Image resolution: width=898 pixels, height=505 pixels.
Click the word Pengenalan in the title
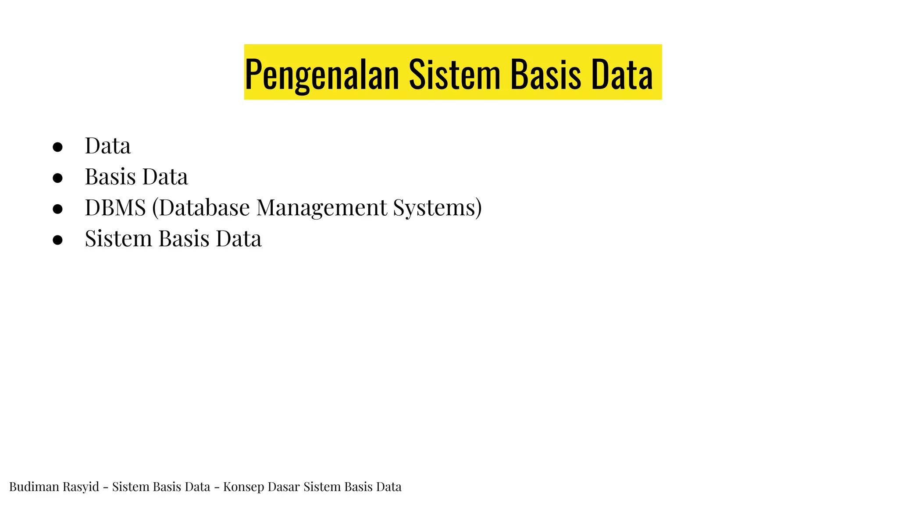321,74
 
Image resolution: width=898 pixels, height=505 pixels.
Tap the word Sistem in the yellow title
454,74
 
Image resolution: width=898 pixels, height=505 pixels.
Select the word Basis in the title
545,74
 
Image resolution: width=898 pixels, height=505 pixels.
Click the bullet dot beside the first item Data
57,147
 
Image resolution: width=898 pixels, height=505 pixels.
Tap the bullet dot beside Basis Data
57,178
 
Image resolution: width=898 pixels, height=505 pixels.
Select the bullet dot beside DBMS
57,209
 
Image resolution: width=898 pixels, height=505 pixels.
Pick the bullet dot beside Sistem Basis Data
57,240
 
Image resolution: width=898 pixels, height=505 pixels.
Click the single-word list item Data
107,146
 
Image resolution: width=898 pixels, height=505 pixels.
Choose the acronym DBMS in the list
115,208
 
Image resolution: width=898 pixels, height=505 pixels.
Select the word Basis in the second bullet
110,177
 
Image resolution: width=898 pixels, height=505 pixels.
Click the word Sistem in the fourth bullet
118,239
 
